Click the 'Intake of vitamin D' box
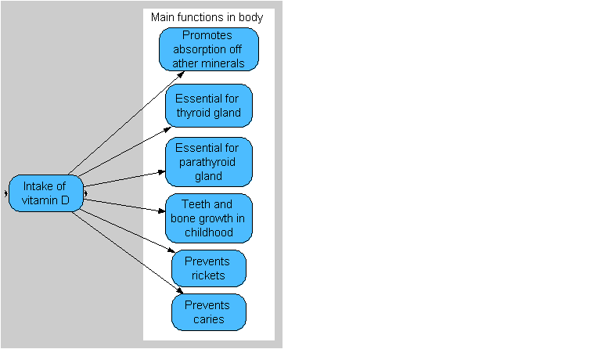45,193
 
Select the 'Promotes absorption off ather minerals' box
208,49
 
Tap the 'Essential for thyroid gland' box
208,106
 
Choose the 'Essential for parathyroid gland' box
208,161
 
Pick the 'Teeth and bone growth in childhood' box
208,218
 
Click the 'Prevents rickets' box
208,268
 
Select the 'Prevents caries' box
208,311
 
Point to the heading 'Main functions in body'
207,17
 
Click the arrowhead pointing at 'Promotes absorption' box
182,74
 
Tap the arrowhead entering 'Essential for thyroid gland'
168,125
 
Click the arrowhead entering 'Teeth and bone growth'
162,209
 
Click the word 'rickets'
209,275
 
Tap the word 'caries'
209,319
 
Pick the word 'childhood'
208,232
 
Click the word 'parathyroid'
208,161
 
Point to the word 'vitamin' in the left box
39,200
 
